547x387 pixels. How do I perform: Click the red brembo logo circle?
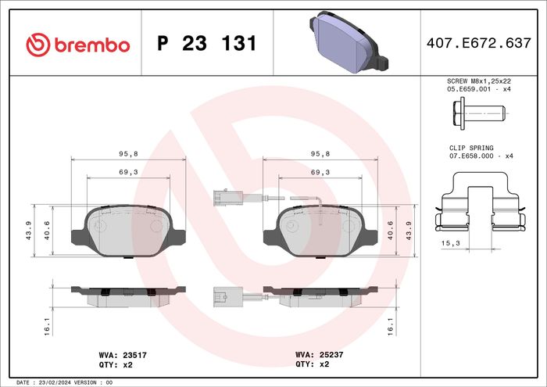38,45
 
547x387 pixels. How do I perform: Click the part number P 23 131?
207,43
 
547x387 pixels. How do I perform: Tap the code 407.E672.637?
478,43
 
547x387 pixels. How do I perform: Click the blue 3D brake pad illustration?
349,42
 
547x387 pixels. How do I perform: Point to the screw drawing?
479,114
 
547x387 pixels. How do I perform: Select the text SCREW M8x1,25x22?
479,81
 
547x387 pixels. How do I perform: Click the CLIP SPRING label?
471,148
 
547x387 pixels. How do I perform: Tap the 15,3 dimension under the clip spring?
450,243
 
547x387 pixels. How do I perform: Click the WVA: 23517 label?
123,355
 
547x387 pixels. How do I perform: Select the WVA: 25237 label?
319,354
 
